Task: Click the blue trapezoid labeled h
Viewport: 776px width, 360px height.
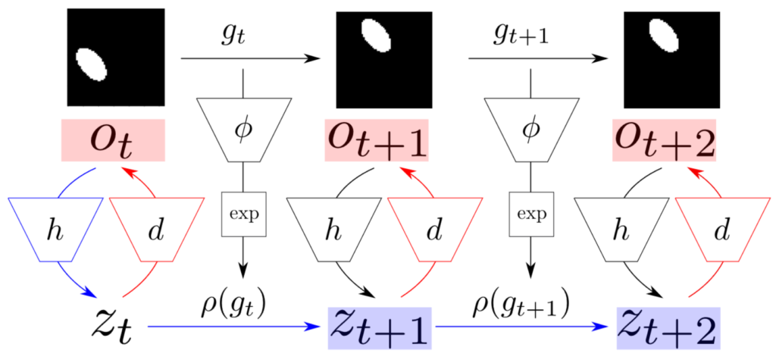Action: tap(55, 229)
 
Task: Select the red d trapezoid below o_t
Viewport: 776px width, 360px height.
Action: tap(156, 229)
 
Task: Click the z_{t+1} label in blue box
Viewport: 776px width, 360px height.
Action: tap(380, 327)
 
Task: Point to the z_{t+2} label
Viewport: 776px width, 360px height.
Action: tap(668, 327)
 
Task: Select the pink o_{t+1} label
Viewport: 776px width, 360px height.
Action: tap(377, 139)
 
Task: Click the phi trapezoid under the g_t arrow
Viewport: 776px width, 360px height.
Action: tap(243, 130)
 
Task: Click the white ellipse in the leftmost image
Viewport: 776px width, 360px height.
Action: tap(92, 64)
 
